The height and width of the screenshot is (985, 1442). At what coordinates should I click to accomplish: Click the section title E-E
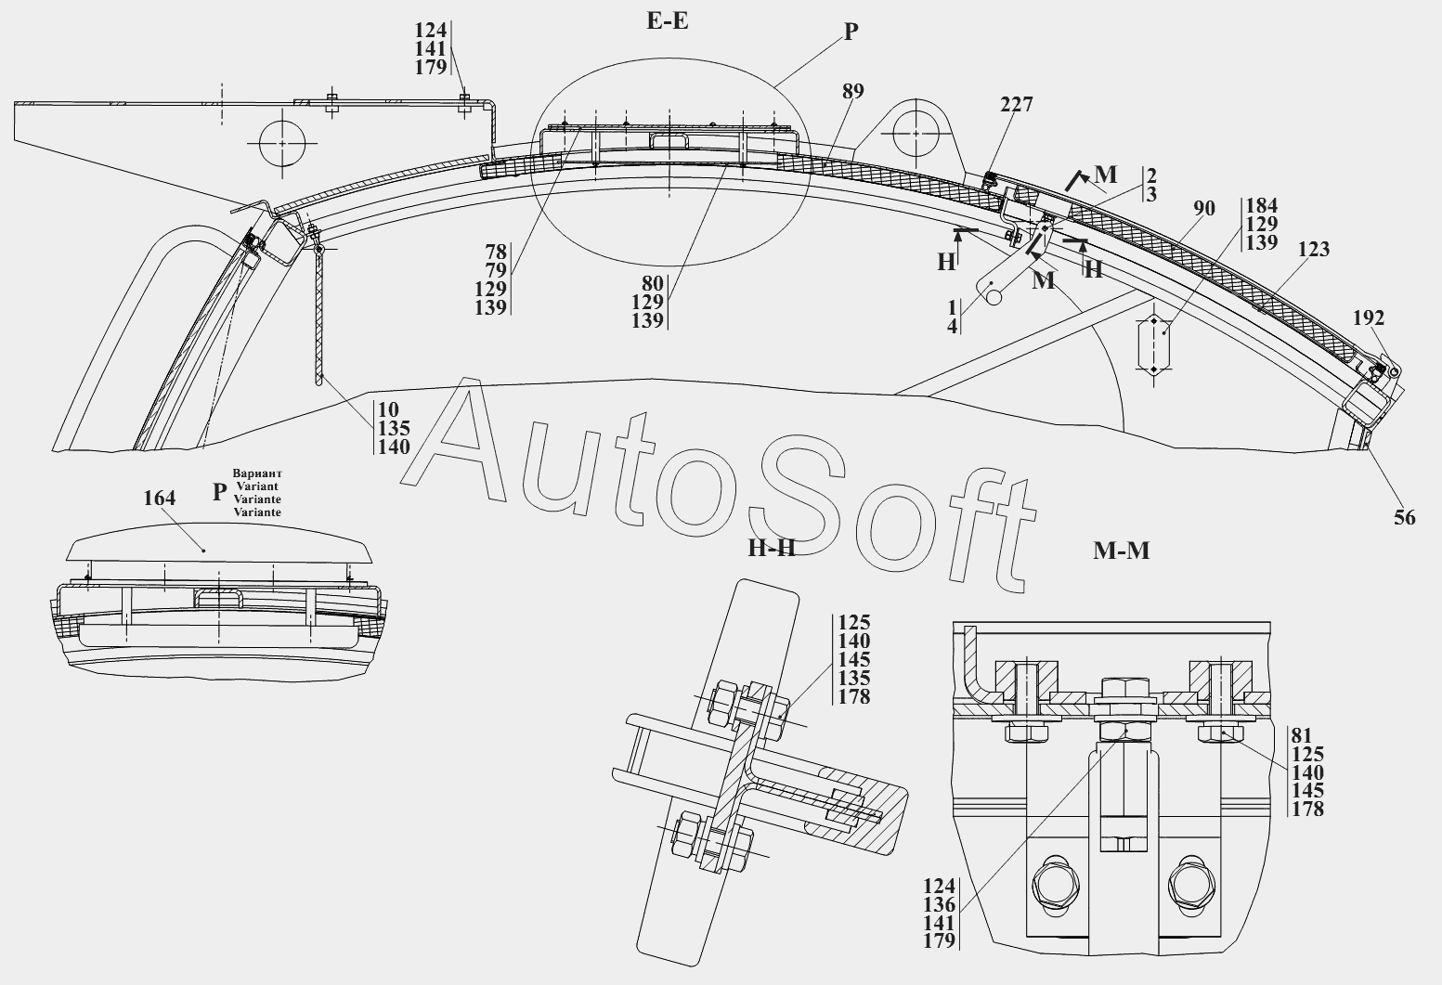(x=668, y=20)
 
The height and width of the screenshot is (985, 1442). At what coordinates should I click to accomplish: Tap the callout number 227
(x=1016, y=105)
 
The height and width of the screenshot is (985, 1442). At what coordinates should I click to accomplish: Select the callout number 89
(x=852, y=91)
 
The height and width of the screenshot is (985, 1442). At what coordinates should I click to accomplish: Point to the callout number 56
(x=1405, y=518)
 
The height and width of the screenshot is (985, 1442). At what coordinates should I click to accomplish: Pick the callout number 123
(x=1314, y=249)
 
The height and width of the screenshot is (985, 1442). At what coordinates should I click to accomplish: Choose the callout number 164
(x=159, y=499)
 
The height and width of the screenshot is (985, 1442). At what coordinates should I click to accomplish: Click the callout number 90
(x=1203, y=209)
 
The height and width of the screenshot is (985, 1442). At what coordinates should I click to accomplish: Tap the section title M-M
(x=1122, y=551)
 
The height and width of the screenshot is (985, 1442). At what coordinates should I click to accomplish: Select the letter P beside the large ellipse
(x=851, y=32)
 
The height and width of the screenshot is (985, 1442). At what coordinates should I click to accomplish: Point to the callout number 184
(x=1262, y=205)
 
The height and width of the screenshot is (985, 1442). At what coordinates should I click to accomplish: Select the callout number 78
(x=496, y=251)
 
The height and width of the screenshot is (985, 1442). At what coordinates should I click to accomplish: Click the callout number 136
(x=939, y=904)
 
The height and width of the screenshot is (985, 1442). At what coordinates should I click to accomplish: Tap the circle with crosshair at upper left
(x=282, y=144)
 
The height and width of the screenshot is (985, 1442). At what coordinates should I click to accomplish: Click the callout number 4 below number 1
(x=953, y=325)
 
